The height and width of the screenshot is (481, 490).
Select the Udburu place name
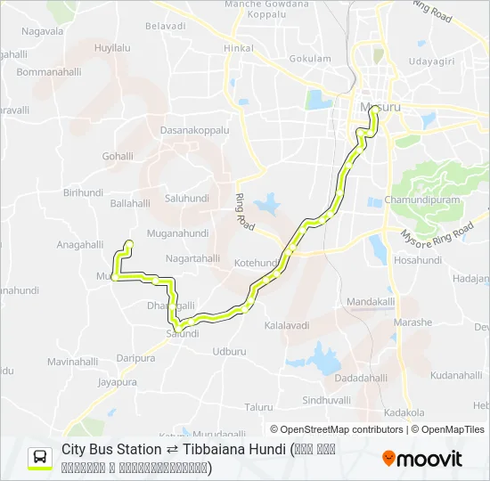pos(229,351)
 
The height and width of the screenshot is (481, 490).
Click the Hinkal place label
pos(238,47)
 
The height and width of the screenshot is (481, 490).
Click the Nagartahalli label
pos(192,258)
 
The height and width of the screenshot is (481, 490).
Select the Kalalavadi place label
pos(290,326)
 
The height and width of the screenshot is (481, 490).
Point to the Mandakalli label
pos(371,302)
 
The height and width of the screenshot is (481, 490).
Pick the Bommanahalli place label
pos(48,71)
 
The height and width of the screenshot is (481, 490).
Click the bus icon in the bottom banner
pos(40,458)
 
